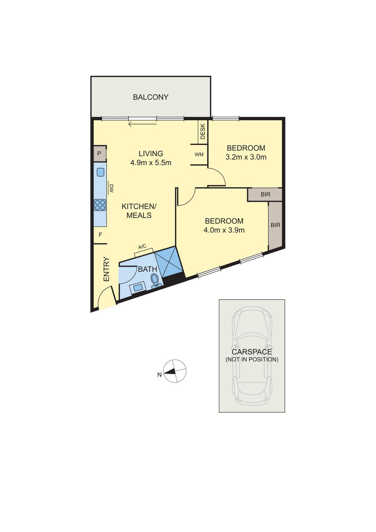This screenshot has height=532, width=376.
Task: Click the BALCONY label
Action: point(150,97)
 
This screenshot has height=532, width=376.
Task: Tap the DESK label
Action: point(203,131)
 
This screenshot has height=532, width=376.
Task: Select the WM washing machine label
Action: point(199,155)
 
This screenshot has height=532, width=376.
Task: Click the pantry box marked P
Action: point(100,153)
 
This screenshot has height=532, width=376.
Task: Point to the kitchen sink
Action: point(101,172)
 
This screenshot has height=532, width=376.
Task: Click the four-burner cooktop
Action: point(100,205)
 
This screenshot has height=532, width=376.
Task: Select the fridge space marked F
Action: point(100,235)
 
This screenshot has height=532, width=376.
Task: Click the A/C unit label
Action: point(142,247)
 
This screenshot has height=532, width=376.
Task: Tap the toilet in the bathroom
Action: point(155,281)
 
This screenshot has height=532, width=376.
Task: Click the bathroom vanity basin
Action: point(138,288)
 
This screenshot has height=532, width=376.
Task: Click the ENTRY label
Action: point(106,269)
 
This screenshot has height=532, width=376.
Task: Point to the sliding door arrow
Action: point(142,124)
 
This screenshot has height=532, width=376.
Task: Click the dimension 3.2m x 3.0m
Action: point(246,157)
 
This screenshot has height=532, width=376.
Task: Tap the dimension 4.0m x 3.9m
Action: point(224,230)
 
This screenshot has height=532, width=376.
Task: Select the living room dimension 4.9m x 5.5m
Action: point(151,163)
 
